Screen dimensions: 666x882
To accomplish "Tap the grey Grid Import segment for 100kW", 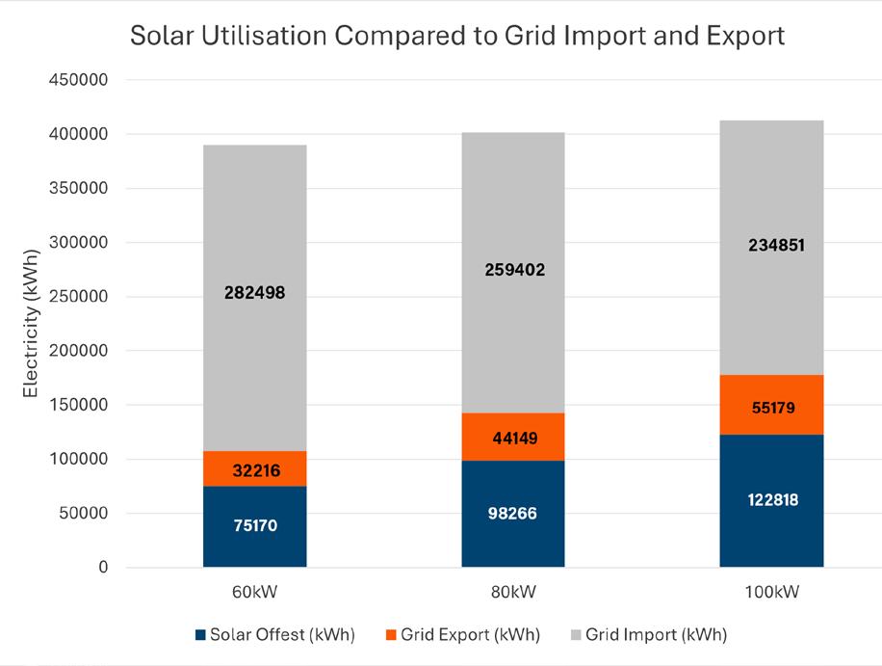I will [x=771, y=289].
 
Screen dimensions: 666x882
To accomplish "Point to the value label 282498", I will [x=254, y=293].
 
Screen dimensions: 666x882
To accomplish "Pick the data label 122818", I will [x=771, y=499].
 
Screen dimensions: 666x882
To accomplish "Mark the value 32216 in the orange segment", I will [x=254, y=471].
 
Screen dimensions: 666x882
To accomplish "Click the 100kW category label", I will [x=771, y=591].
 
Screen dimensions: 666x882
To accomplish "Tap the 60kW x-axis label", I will [x=254, y=591].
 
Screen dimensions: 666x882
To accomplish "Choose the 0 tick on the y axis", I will [x=103, y=568].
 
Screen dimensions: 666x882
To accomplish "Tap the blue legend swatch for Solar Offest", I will [x=199, y=635].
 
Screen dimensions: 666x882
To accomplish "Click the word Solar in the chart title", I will [x=163, y=37].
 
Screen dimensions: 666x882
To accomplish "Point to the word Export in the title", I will [x=745, y=37].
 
